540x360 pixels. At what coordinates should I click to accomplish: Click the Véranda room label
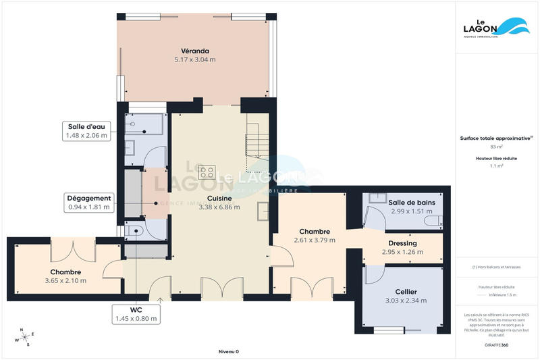(194, 51)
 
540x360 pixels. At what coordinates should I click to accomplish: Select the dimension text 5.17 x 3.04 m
(194, 59)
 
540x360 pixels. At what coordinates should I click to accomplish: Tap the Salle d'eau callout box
(86, 130)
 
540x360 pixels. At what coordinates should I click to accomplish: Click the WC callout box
(136, 313)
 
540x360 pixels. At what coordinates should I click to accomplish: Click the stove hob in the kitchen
(207, 172)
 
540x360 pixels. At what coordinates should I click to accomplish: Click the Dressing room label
(402, 243)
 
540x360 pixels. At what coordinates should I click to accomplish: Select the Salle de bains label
(411, 202)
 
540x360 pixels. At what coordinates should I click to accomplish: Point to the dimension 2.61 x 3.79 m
(315, 240)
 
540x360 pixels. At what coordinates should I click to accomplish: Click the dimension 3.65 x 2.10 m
(65, 280)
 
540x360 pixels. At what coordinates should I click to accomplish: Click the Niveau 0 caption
(229, 351)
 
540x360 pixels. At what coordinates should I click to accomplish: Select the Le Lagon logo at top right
(497, 26)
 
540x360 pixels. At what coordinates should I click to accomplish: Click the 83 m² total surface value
(497, 147)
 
